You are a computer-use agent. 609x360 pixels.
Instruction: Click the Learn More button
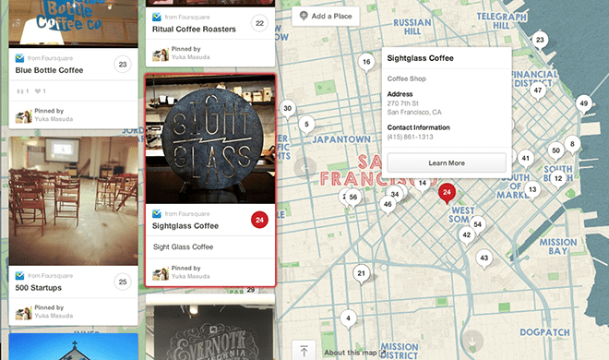(447, 163)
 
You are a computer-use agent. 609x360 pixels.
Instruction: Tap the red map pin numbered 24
(447, 193)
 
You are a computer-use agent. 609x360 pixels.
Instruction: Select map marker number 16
(366, 63)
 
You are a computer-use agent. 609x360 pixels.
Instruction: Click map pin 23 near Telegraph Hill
(540, 40)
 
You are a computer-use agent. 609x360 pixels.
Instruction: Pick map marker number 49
(583, 103)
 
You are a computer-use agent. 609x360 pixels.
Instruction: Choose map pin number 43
(484, 258)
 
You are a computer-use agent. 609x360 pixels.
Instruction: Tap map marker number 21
(362, 273)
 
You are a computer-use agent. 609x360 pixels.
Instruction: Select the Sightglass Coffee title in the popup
(421, 58)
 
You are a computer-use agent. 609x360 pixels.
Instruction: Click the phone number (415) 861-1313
(411, 137)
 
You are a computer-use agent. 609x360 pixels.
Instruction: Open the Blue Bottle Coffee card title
(56, 69)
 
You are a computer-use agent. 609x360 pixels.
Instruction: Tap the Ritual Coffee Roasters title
(194, 30)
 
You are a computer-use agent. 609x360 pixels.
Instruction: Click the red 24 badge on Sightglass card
(259, 220)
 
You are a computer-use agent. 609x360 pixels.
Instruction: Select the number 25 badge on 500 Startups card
(123, 281)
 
